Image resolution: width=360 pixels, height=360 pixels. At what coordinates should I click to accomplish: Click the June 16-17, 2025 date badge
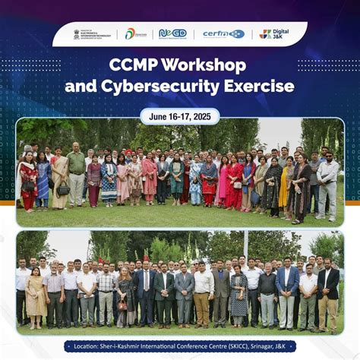[x=179, y=116]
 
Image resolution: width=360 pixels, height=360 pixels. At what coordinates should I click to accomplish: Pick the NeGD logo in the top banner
[x=172, y=33]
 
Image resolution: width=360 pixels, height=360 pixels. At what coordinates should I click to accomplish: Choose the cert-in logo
[x=223, y=33]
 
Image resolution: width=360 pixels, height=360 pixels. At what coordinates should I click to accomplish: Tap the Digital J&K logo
[x=273, y=33]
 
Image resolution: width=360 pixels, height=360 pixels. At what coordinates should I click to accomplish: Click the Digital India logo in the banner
[x=135, y=33]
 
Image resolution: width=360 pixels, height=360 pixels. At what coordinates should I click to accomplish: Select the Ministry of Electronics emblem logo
[x=93, y=33]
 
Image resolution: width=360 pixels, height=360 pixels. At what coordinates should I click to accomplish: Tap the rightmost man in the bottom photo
[x=329, y=296]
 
